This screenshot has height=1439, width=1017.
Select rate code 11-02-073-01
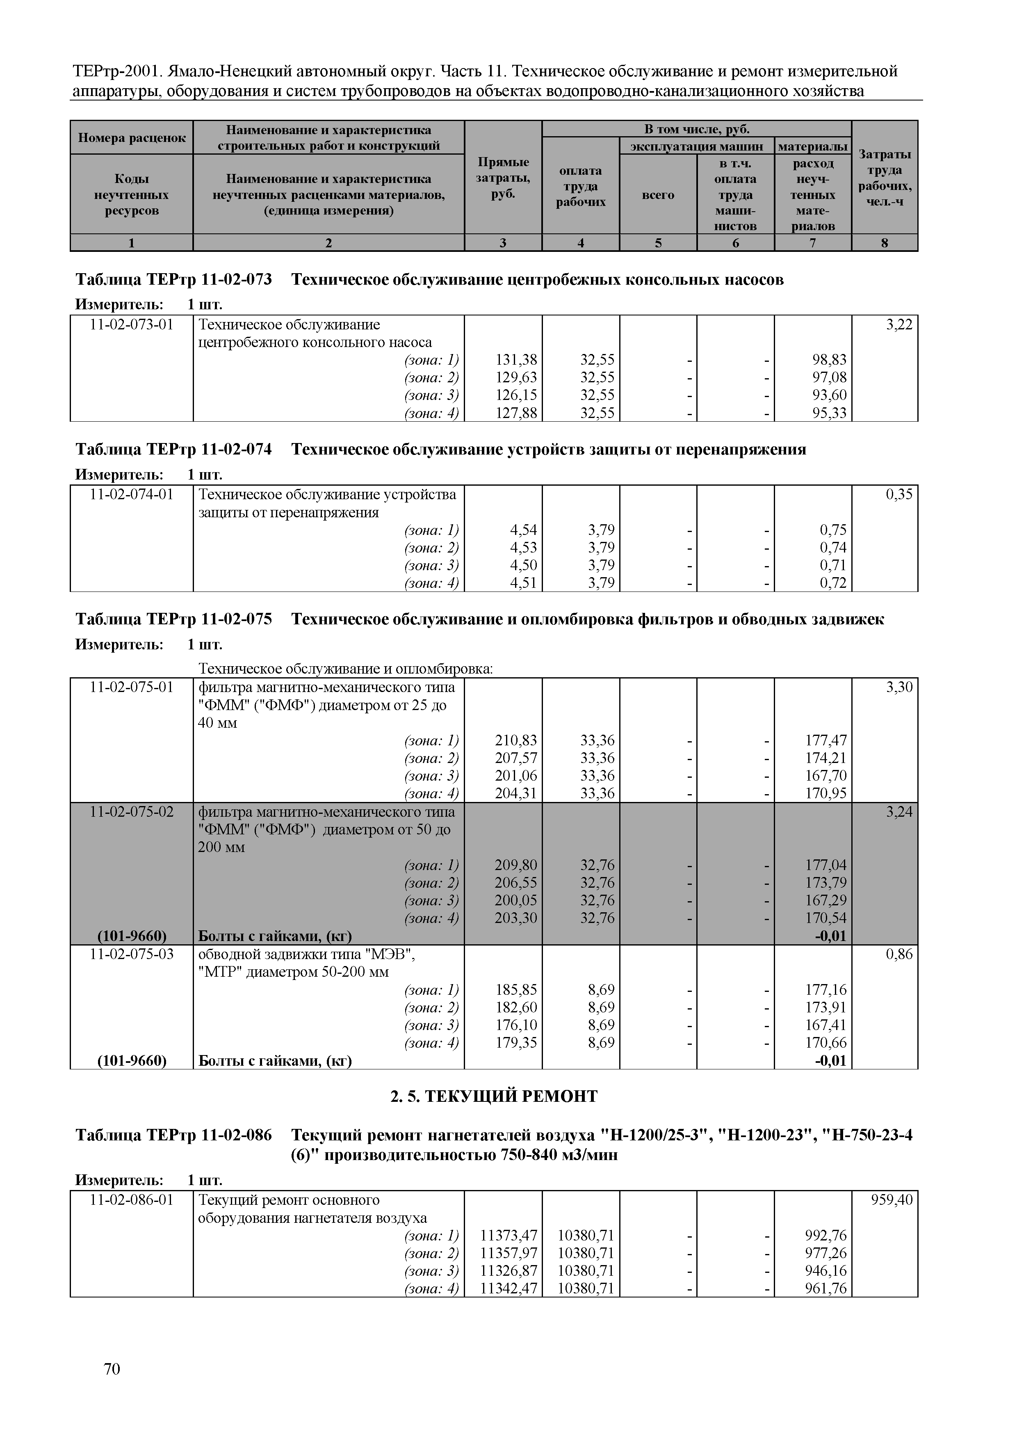pyautogui.click(x=132, y=324)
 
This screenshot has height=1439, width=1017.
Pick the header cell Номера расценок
pyautogui.click(x=132, y=138)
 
